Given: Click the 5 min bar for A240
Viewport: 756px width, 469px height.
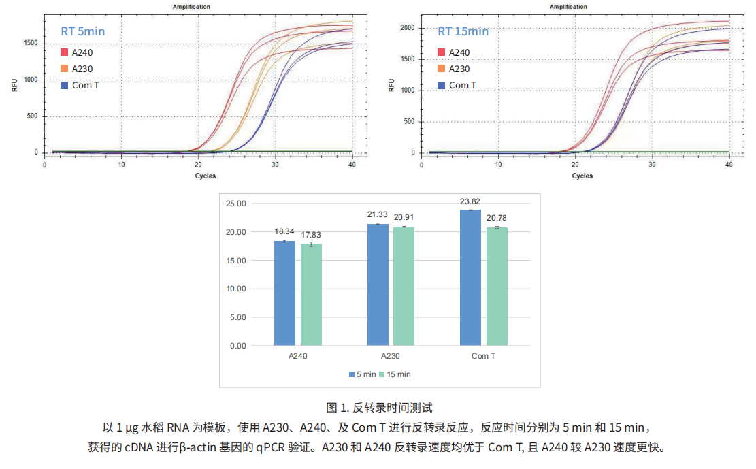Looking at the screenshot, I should [284, 293].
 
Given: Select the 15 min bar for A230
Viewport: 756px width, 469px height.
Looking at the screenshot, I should [404, 286].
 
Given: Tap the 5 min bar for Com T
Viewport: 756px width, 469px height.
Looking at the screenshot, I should [470, 278].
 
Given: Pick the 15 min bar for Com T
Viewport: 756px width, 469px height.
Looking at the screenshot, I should [497, 287].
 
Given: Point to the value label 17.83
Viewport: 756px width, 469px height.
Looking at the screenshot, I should [310, 235].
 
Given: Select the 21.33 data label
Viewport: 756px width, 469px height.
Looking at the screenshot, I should [378, 215].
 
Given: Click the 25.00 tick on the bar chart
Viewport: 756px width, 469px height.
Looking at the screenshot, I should [236, 204].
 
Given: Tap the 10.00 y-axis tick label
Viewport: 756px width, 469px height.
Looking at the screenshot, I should [236, 289].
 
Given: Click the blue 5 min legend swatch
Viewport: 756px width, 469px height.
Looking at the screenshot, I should [351, 374].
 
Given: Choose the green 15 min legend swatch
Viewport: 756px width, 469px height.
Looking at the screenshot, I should [382, 374].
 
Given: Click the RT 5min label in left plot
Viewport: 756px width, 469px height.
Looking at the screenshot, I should [83, 31].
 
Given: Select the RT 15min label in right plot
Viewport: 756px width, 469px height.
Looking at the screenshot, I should [463, 31].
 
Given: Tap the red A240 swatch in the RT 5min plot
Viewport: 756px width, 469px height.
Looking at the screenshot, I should [65, 52].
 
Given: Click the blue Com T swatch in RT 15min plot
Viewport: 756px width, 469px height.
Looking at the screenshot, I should [442, 85].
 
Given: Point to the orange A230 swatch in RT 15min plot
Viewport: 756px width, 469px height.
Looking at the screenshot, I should [442, 69].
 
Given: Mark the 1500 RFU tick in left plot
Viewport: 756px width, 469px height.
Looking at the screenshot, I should [30, 43].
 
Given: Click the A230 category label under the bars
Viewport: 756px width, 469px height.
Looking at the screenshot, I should [390, 356].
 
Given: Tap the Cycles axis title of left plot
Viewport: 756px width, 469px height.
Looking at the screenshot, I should [206, 176].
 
